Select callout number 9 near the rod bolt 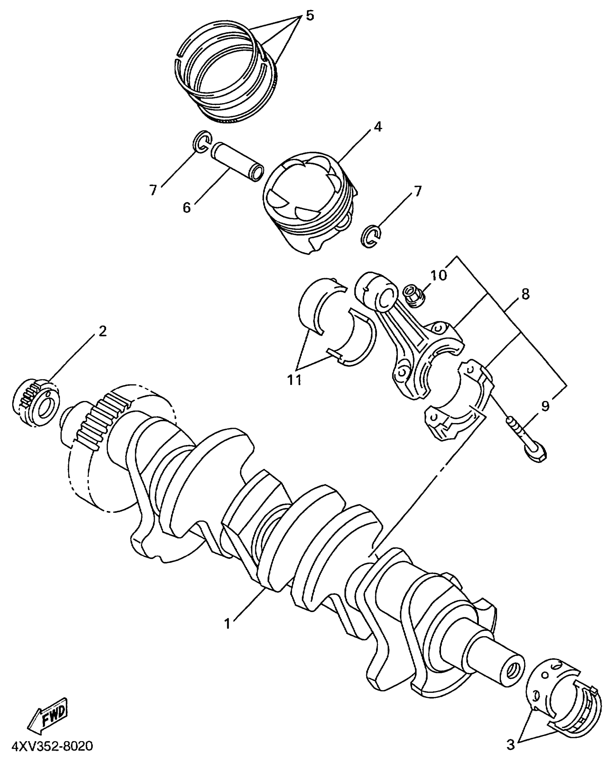click(545, 406)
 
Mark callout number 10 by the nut click(438, 276)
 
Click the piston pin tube click(237, 162)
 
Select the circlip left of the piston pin click(203, 141)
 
